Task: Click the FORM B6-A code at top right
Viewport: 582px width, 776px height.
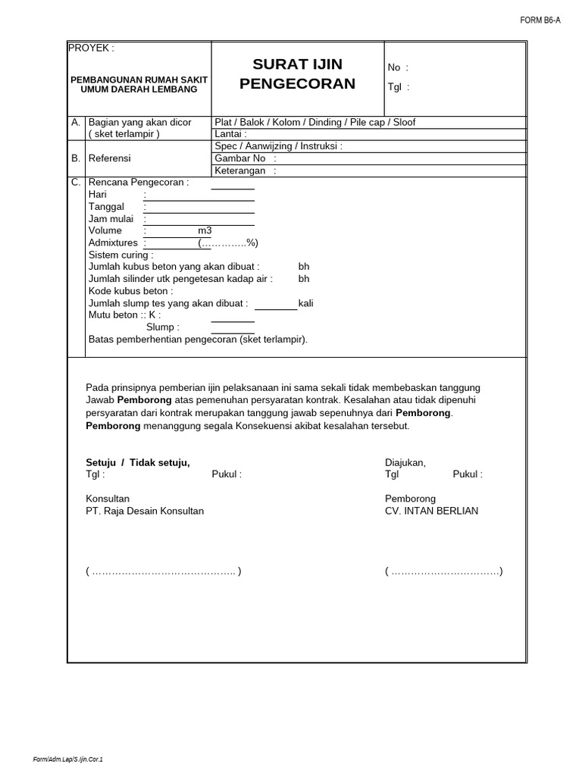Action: [540, 20]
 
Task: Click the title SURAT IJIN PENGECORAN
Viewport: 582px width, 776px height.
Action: [297, 74]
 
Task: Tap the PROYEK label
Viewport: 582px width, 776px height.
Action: [91, 48]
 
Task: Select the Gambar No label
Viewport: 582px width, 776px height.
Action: [242, 158]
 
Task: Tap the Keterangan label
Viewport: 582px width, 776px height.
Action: [242, 171]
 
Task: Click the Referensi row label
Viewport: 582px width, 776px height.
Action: [110, 158]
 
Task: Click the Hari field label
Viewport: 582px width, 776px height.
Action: [98, 195]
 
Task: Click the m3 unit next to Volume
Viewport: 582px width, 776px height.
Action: [205, 231]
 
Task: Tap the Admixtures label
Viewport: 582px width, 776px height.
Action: [113, 243]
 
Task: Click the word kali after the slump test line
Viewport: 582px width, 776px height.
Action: [306, 303]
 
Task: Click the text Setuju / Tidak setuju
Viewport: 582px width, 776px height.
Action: [138, 463]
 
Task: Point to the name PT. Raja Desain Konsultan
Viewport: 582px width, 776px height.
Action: [145, 511]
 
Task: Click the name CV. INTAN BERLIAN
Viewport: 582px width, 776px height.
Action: [431, 511]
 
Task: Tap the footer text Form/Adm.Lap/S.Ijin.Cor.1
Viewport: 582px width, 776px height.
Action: [68, 759]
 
